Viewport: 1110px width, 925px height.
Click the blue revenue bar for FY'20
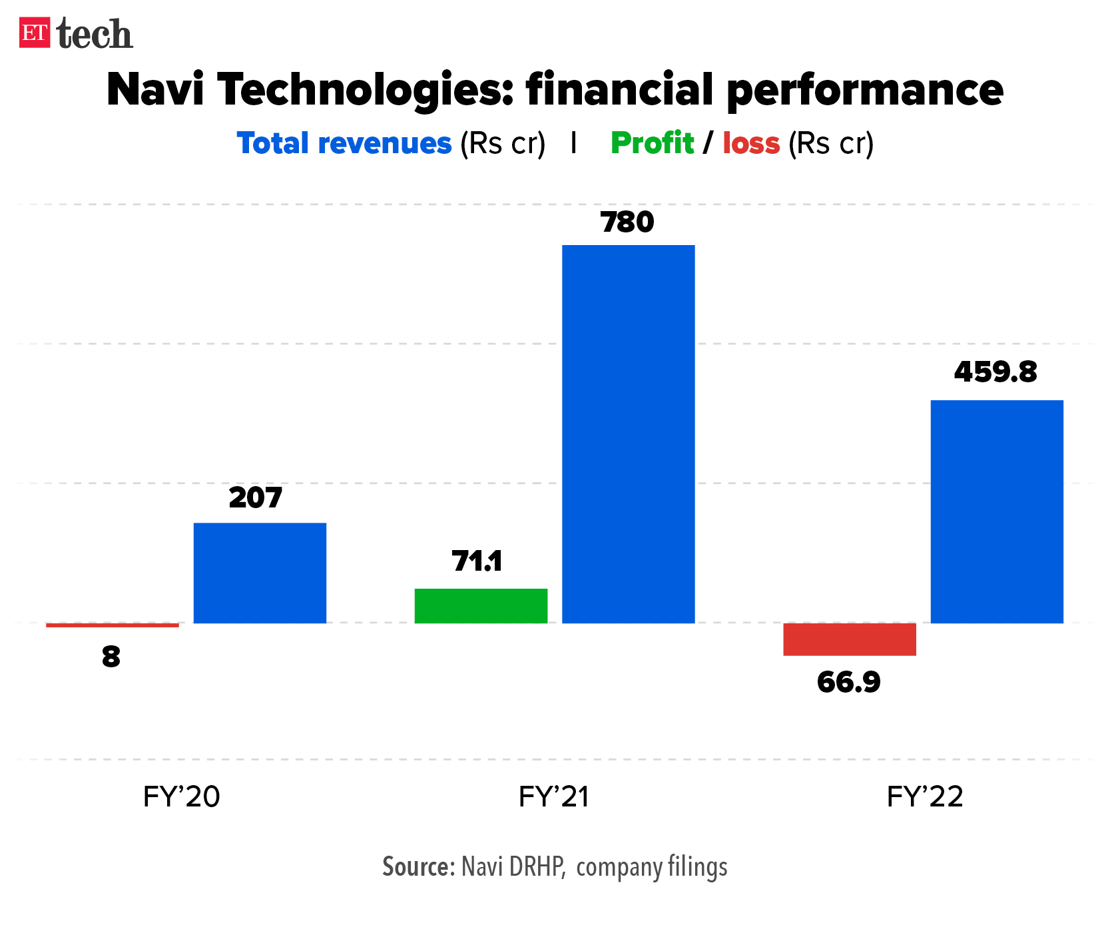pos(260,573)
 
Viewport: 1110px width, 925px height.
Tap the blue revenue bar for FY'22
pos(996,511)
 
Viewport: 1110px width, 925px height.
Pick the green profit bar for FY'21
pos(481,606)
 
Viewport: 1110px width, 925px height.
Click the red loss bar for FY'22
pos(849,639)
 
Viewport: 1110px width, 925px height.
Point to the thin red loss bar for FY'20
pos(112,625)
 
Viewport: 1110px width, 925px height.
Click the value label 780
pos(627,222)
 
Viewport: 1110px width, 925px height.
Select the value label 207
pos(255,498)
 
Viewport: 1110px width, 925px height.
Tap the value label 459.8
pos(995,372)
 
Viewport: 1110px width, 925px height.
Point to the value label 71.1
pos(477,561)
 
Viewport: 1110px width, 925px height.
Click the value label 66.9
pos(848,683)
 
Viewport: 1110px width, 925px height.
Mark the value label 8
pos(111,657)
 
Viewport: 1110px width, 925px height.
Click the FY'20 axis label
pos(181,796)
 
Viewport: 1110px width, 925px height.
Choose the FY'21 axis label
pos(554,796)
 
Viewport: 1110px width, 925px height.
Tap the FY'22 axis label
pos(925,796)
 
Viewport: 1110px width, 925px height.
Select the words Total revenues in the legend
pos(344,143)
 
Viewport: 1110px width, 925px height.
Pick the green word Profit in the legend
pos(652,143)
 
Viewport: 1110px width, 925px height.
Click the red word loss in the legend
pos(751,143)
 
